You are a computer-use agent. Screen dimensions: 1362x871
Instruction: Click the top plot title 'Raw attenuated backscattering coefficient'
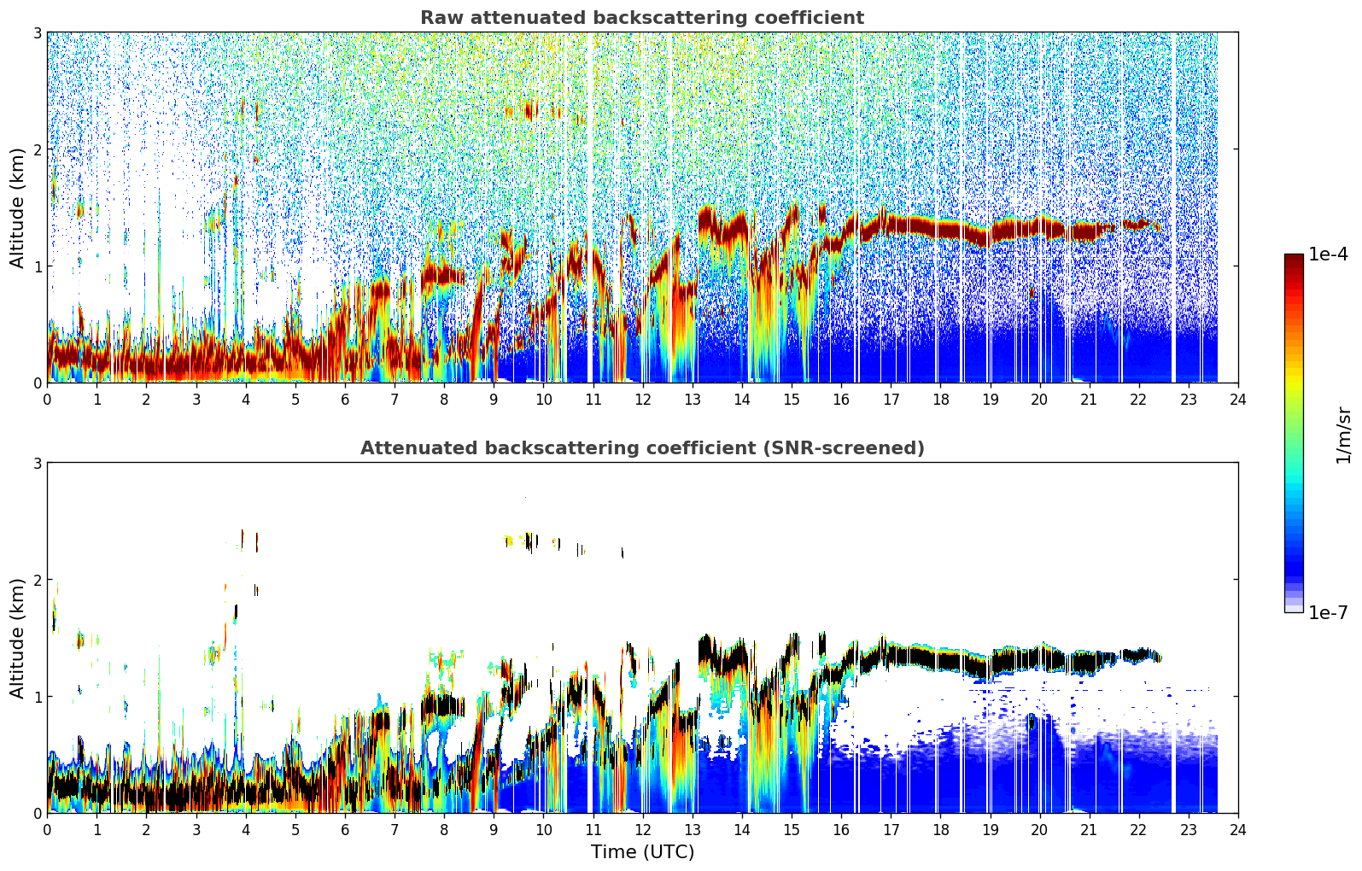click(642, 18)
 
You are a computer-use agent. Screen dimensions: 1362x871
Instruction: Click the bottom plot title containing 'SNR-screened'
click(642, 447)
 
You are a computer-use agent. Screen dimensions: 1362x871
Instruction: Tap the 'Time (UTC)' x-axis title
click(642, 851)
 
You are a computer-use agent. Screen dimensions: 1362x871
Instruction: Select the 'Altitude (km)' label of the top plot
click(17, 208)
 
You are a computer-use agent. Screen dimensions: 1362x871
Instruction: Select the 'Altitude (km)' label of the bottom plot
click(17, 639)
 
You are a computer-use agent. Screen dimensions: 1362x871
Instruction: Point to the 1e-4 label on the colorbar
click(1328, 254)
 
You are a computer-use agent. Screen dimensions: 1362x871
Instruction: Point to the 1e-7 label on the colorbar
click(1328, 612)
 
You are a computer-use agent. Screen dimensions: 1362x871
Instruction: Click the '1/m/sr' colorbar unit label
click(1342, 435)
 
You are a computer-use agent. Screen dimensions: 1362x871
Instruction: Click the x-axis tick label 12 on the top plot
click(643, 400)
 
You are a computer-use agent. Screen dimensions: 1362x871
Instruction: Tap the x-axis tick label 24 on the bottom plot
click(1238, 830)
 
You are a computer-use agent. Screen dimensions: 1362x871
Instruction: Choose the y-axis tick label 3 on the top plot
click(37, 32)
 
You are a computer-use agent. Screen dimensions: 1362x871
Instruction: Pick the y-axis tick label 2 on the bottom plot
click(37, 580)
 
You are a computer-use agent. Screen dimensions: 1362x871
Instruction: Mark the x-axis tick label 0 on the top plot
click(48, 400)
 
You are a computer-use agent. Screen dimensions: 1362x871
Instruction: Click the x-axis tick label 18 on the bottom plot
click(941, 830)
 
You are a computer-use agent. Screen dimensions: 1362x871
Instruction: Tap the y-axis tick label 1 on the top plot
click(37, 266)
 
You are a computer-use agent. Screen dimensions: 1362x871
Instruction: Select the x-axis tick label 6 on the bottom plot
click(345, 830)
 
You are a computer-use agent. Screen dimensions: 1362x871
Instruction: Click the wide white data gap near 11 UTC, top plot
click(590, 207)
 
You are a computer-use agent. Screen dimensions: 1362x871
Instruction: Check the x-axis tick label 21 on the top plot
click(1089, 400)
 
